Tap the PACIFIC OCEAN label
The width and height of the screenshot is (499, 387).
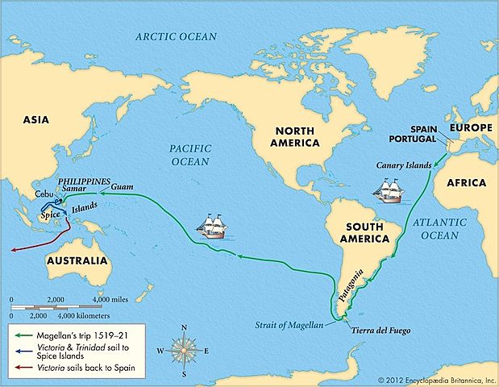click(190, 156)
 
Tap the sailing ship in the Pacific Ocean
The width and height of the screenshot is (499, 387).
click(212, 226)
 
